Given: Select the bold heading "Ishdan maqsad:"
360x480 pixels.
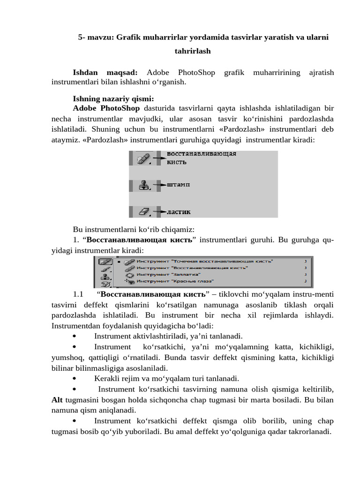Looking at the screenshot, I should click(105, 72).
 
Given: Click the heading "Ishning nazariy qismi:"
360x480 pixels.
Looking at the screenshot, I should click(113, 99).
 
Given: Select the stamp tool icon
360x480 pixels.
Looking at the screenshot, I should click(143, 186).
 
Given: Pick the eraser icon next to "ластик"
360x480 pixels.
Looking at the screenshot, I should click(143, 212).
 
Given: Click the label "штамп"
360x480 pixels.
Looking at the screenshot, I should click(179, 185).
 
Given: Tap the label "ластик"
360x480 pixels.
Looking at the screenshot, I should click(179, 212).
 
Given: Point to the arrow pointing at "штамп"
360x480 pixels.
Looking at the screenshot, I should click(160, 185).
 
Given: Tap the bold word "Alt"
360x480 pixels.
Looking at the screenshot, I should click(57, 400).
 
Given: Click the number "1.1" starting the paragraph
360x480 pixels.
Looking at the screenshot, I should click(78, 294).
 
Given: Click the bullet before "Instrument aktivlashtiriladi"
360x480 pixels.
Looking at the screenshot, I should click(75, 336).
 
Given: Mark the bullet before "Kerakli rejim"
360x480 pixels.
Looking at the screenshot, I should click(75, 378).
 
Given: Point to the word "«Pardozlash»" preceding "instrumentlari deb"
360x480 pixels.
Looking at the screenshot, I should click(255, 129).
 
